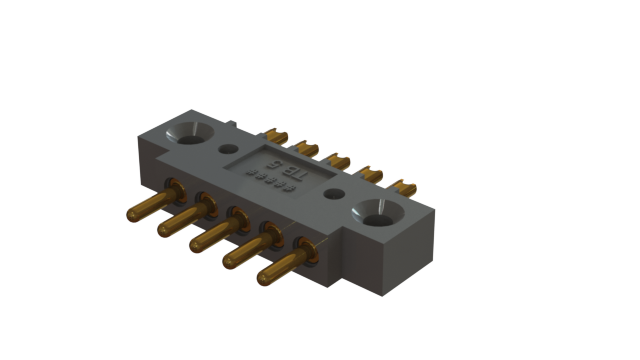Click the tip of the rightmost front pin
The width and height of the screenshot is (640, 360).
pos(264,276)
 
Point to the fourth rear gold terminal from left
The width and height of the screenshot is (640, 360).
pos(372,173)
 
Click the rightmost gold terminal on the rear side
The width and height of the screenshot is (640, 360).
pos(404,185)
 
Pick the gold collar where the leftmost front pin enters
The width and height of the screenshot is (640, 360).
pos(173,187)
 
